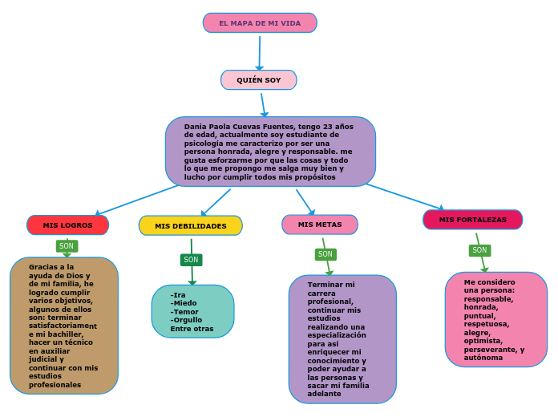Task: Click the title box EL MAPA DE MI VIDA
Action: coord(260,23)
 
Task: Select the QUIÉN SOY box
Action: coord(259,80)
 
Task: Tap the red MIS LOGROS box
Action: coord(68,225)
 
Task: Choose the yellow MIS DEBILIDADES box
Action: coord(191,226)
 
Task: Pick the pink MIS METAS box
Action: coord(320,225)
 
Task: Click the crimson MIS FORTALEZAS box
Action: coord(473,220)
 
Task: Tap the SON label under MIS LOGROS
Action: coord(67,246)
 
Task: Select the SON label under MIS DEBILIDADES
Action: coord(191,260)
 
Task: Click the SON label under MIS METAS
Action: coord(325,254)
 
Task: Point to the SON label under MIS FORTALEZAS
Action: coord(479,250)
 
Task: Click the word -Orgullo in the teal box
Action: coord(187,320)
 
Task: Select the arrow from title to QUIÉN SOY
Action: coord(260,53)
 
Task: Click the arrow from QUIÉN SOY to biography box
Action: coord(263,103)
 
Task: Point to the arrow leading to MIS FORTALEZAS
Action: coord(405,196)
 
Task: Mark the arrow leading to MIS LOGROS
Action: coord(136,200)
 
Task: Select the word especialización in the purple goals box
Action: coord(337,335)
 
